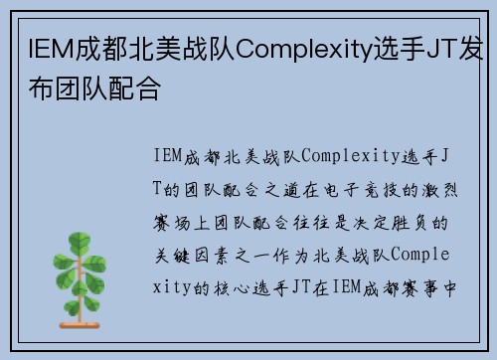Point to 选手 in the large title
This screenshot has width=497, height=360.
pyautogui.click(x=391, y=47)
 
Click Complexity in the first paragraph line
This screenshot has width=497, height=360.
pyautogui.click(x=347, y=155)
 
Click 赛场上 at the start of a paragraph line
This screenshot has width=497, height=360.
pyautogui.click(x=188, y=220)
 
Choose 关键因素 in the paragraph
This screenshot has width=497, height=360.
pyautogui.click(x=199, y=253)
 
